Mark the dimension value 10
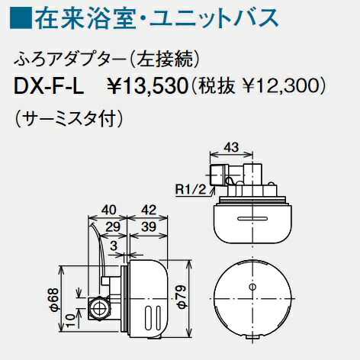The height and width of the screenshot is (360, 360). point(69,315)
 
